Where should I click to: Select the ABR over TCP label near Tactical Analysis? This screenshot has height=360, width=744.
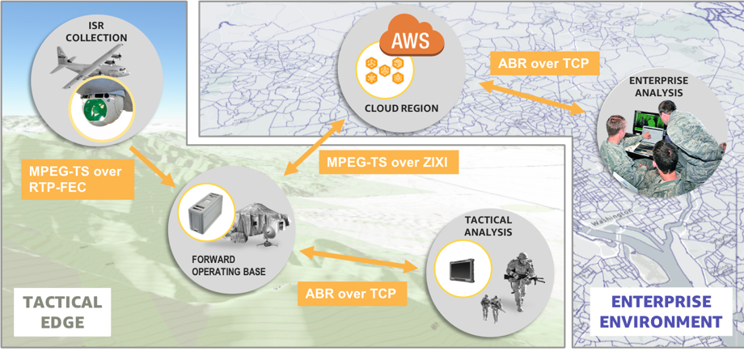point(351,293)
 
